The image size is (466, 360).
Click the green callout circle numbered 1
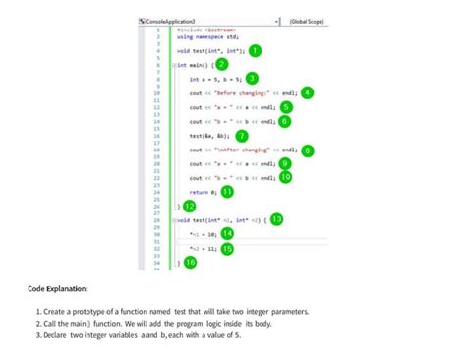[x=254, y=49]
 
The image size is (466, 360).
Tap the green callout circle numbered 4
[x=308, y=92]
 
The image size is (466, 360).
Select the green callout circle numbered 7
[x=242, y=136]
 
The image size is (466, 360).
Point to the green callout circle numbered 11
[x=228, y=192]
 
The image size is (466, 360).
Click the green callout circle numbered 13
[x=276, y=219]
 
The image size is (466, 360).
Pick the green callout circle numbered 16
[x=190, y=262]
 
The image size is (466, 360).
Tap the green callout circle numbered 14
[x=227, y=233]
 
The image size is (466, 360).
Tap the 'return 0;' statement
[x=202, y=192]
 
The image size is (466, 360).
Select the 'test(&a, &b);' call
[x=209, y=136]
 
